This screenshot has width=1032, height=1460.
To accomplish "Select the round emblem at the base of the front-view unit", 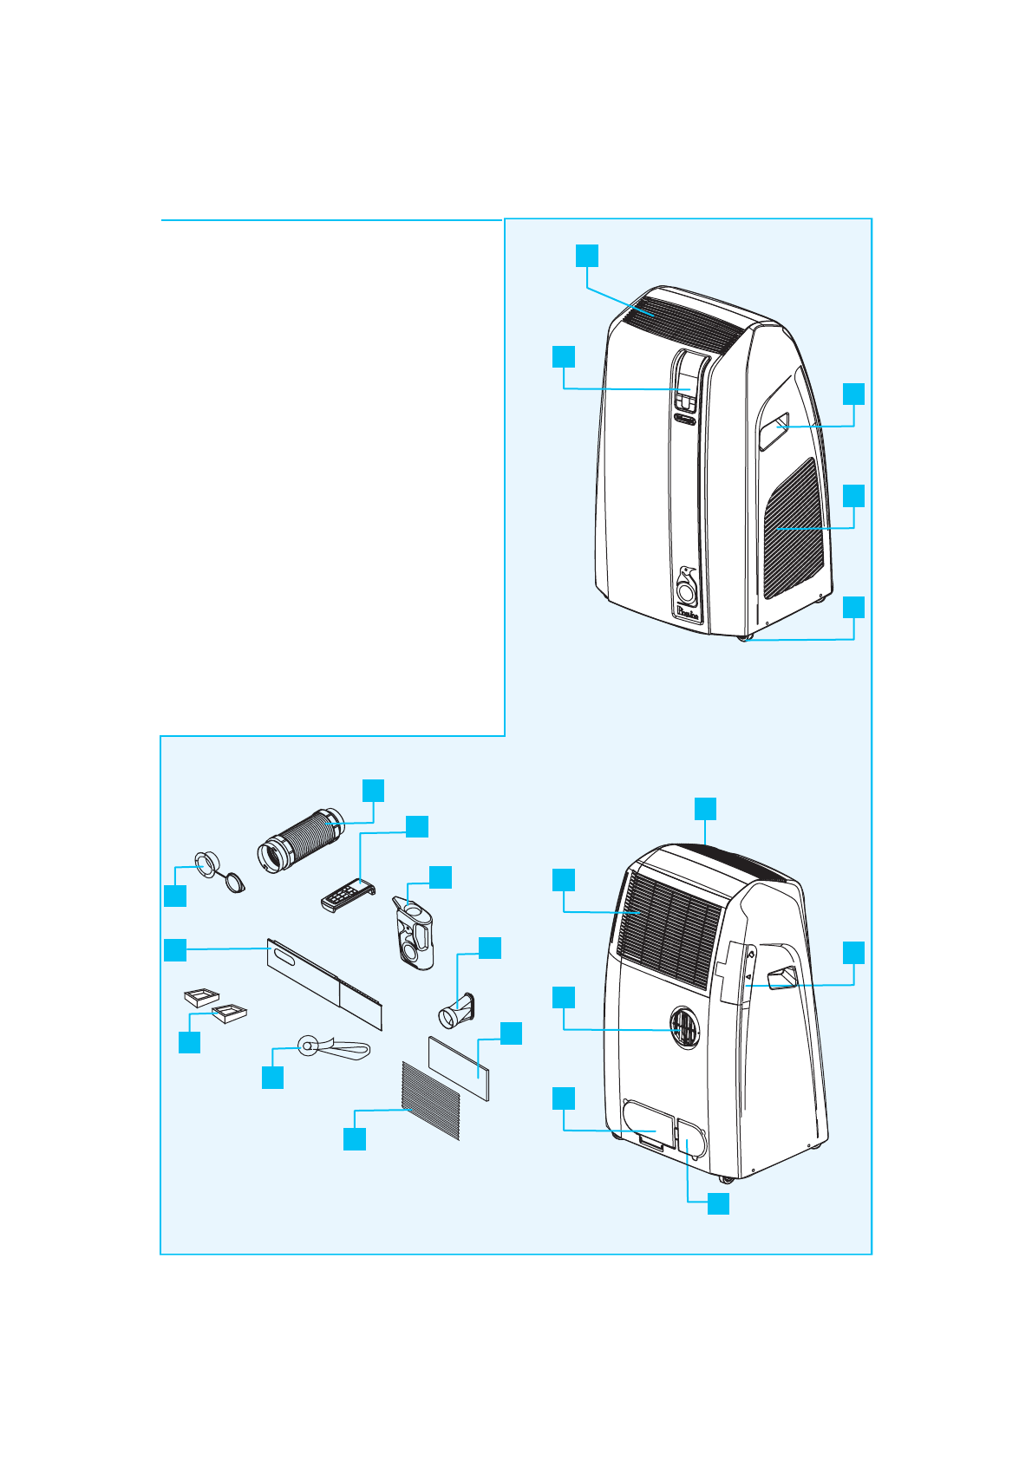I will (x=687, y=591).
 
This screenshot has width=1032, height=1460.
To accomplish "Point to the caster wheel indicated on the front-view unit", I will (x=743, y=637).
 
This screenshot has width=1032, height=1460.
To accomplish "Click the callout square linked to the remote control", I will (x=417, y=826).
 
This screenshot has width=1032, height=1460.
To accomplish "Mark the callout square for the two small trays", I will (x=189, y=1041).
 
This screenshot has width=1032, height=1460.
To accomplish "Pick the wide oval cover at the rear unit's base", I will (x=647, y=1125).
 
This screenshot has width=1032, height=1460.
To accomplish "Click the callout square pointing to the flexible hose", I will (x=373, y=790).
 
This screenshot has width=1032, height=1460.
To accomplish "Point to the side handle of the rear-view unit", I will (x=781, y=977).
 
